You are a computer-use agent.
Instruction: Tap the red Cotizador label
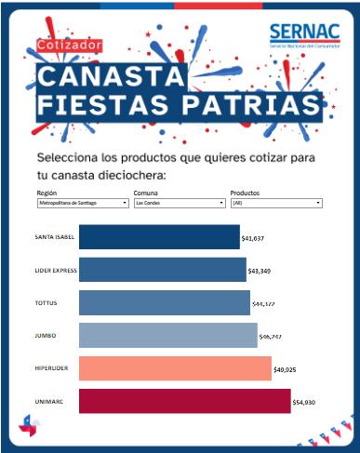click(70, 44)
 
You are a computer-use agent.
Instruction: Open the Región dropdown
click(82, 202)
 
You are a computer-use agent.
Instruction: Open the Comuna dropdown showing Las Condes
click(179, 202)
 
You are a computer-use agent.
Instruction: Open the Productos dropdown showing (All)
click(275, 202)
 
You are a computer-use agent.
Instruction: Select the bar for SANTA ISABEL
click(158, 237)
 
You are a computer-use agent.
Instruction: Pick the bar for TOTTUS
click(165, 302)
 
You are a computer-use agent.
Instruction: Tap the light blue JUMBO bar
click(167, 335)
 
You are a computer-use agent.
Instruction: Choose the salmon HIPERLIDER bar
click(175, 368)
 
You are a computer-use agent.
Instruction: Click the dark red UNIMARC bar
click(184, 401)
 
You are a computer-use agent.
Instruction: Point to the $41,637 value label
click(253, 238)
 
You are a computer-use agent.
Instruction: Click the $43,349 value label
click(260, 272)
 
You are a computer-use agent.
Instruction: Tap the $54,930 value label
click(305, 403)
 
